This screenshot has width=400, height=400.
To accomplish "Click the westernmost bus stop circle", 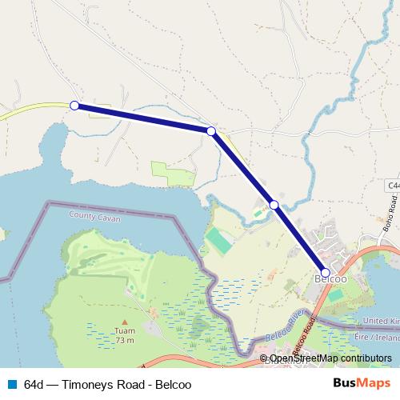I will click(x=74, y=106).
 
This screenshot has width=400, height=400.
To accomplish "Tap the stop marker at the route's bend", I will click(x=211, y=131).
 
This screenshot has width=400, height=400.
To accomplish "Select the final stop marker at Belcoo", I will click(x=325, y=272).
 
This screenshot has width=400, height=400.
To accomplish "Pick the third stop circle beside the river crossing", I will click(x=274, y=206).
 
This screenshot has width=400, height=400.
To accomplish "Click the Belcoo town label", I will click(x=330, y=280).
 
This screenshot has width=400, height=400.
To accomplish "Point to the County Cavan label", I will click(x=93, y=215).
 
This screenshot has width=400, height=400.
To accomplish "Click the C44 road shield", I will click(x=393, y=186).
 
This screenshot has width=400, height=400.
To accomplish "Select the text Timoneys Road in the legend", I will click(x=104, y=383).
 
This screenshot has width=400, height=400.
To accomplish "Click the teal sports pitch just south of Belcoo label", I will click(x=337, y=295).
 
